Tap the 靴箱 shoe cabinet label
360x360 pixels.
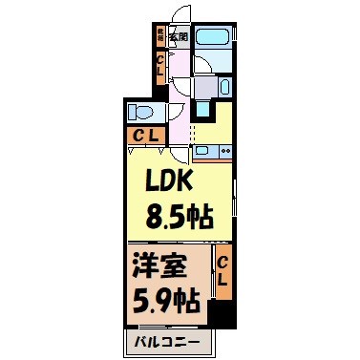[x=160, y=35]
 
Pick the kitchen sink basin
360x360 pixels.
[x=203, y=150]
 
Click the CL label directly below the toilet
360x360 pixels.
[x=145, y=135]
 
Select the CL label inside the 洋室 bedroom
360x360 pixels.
[x=222, y=272]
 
